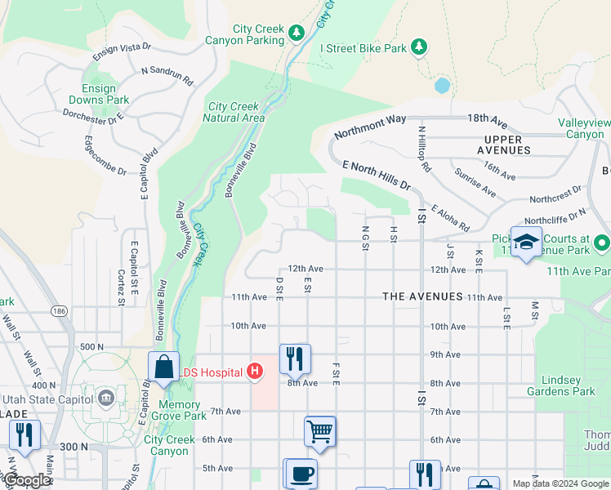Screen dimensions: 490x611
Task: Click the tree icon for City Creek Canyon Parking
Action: [x=297, y=31]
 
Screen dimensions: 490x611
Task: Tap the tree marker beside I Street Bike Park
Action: [x=419, y=47]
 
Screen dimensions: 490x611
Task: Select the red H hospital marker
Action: [x=254, y=372]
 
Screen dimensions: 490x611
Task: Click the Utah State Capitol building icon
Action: [x=106, y=398]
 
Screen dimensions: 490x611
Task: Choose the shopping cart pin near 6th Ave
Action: [x=319, y=430]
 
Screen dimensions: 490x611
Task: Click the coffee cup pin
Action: [x=301, y=474]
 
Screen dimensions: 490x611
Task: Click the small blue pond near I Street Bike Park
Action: [x=442, y=85]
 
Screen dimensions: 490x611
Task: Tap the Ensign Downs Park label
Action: [x=105, y=94]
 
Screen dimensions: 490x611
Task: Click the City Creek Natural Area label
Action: [x=234, y=112]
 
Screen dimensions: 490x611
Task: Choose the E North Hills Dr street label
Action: [x=377, y=175]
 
